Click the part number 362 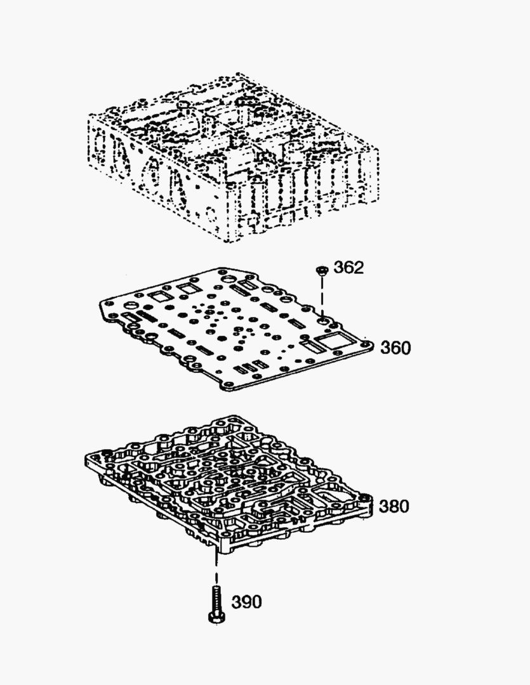(x=348, y=268)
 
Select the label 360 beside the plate (x=395, y=348)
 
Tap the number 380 (x=394, y=506)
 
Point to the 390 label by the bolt (x=247, y=602)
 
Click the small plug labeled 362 (x=321, y=270)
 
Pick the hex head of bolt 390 (x=216, y=617)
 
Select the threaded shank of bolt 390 (x=217, y=599)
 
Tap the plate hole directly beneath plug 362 (x=323, y=322)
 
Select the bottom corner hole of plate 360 (x=228, y=384)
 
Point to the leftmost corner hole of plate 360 (x=106, y=303)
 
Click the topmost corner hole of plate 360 (x=226, y=272)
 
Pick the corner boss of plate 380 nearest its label (x=365, y=498)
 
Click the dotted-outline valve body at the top (x=234, y=157)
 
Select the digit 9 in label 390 (x=247, y=602)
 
